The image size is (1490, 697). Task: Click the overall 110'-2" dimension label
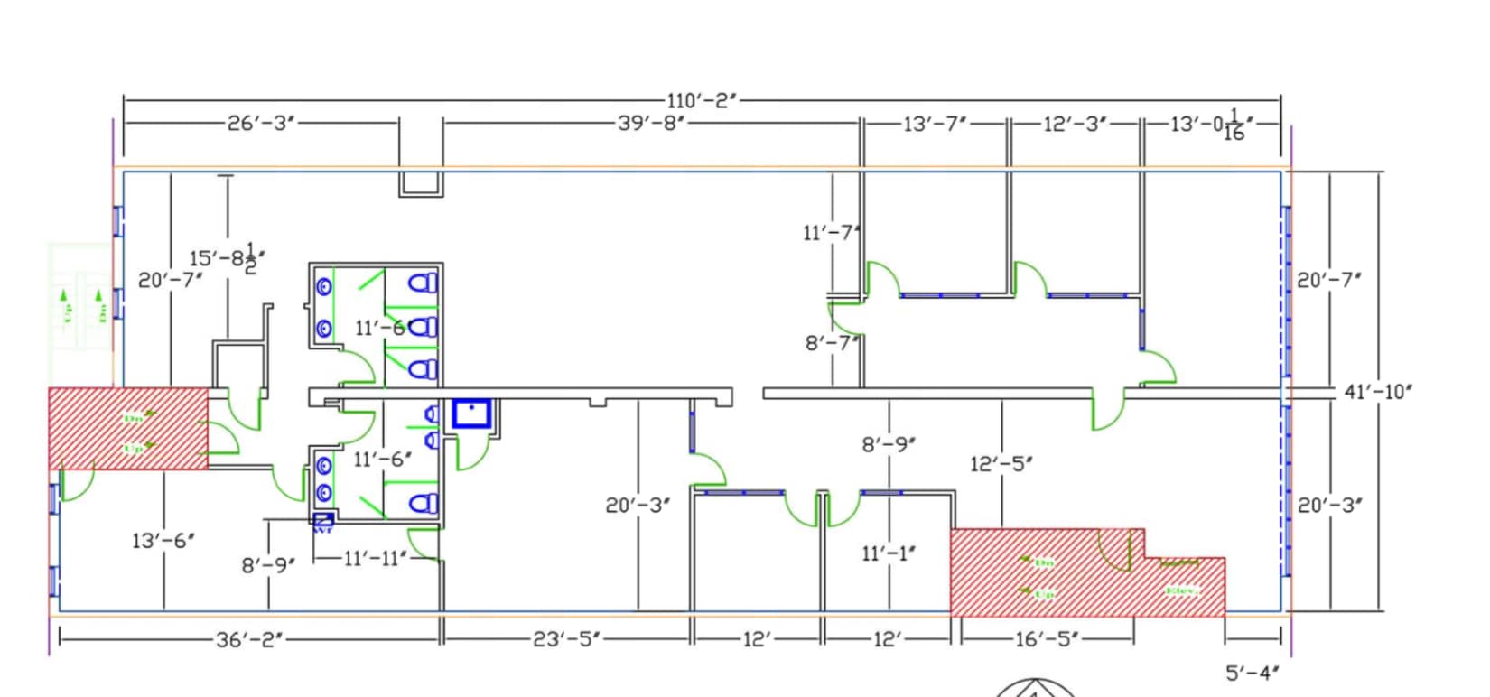point(703,100)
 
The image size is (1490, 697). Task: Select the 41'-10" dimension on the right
point(1378,391)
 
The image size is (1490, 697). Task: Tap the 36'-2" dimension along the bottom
point(249,639)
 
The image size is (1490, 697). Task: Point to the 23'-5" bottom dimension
point(566,639)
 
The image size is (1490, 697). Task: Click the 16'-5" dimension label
point(1048,639)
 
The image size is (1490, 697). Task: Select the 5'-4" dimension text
point(1253,673)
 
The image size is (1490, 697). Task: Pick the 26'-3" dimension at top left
point(262,123)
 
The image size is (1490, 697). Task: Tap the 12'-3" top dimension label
point(1076,124)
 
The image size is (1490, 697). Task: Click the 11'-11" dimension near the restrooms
point(375,558)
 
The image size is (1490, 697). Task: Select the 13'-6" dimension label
point(163,541)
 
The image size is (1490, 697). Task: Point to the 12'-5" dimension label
point(1001,464)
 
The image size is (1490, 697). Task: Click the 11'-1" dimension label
point(889,553)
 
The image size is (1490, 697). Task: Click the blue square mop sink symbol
point(471,414)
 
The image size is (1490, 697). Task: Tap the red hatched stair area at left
point(127,428)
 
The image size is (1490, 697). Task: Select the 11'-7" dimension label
point(830,233)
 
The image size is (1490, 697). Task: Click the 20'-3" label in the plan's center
point(638,505)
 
